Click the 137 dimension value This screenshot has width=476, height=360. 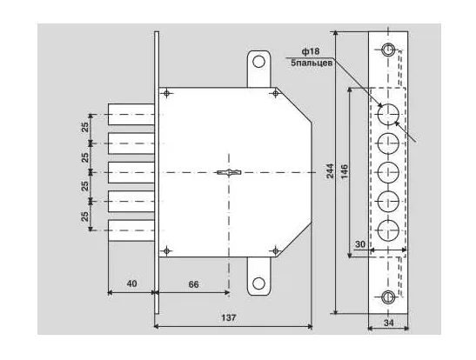[228, 317]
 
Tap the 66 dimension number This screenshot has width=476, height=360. [193, 284]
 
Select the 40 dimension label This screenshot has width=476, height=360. [131, 283]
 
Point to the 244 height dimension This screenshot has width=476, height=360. [330, 170]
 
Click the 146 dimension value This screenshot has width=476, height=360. [344, 171]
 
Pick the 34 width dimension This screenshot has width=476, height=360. [389, 323]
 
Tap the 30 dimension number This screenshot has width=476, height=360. [360, 244]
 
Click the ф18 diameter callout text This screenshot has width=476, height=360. [311, 51]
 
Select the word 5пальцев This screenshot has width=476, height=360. [312, 63]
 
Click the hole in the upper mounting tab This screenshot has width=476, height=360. [258, 62]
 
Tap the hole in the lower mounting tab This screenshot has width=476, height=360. [258, 283]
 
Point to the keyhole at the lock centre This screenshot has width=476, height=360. [229, 172]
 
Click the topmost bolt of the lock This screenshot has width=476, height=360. [131, 114]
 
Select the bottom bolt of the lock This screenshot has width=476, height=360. [131, 230]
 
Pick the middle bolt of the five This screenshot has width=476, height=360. [131, 172]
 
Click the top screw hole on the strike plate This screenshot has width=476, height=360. [387, 50]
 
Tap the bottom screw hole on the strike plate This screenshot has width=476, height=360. [387, 297]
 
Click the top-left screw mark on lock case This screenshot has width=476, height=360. [166, 93]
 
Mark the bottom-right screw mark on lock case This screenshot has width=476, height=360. [275, 251]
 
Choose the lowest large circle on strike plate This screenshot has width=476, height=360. [388, 230]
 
